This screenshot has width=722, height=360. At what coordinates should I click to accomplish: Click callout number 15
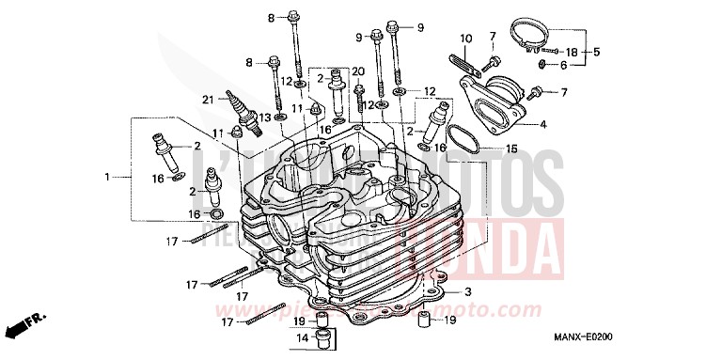[511, 149]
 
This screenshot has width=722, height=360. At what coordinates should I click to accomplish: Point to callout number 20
[357, 71]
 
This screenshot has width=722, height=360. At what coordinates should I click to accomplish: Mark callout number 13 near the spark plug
[266, 117]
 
